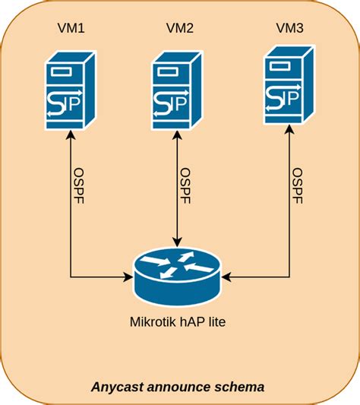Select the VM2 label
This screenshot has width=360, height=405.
(x=179, y=30)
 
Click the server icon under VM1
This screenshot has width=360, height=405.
(x=69, y=90)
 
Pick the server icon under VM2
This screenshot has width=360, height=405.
(x=178, y=90)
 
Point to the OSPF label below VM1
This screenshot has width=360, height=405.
(x=78, y=186)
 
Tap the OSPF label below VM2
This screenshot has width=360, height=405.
(x=187, y=186)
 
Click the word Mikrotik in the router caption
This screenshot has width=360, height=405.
(x=158, y=321)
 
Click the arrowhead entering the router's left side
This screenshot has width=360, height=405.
(x=130, y=277)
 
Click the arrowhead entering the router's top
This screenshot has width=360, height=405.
(x=178, y=242)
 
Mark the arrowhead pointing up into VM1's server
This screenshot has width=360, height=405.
(x=70, y=134)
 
